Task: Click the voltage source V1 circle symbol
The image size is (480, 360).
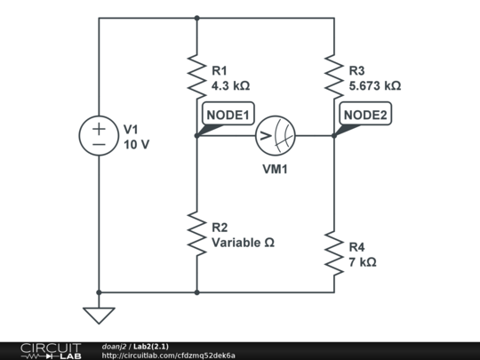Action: [x=99, y=136]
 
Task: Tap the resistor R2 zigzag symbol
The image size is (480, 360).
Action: [x=196, y=234]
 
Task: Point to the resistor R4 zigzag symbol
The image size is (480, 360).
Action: [x=334, y=253]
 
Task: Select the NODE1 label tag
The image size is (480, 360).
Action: [x=228, y=115]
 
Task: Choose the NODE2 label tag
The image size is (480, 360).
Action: [x=365, y=115]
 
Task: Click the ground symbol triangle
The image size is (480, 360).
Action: [x=99, y=315]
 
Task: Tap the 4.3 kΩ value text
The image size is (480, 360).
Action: [x=230, y=86]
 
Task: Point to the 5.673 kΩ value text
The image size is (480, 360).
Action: [x=375, y=86]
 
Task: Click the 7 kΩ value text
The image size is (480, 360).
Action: [x=363, y=262]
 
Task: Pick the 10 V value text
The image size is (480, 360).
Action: [x=137, y=144]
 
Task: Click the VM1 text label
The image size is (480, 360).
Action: [x=275, y=169]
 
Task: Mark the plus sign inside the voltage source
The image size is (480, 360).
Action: [x=99, y=128]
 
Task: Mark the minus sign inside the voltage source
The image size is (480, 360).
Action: [x=99, y=144]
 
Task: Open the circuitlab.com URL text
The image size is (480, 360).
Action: [x=168, y=356]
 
